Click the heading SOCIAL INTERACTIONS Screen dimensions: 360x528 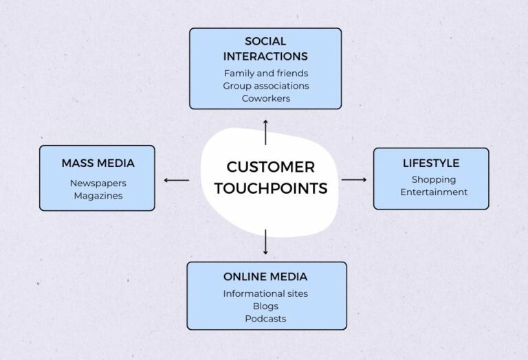click(265, 49)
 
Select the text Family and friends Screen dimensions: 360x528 click(265, 73)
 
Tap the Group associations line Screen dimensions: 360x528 click(265, 86)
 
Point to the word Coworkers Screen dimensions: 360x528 click(265, 98)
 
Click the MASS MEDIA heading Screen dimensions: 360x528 click(98, 164)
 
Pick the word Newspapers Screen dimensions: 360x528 click(98, 183)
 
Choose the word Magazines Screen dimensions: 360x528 click(98, 196)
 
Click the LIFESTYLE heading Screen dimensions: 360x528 click(431, 164)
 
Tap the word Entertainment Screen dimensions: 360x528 click(433, 192)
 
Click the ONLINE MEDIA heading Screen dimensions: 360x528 click(265, 277)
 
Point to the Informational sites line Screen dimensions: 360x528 click(265, 294)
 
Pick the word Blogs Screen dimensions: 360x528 click(265, 306)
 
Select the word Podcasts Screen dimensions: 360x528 click(265, 319)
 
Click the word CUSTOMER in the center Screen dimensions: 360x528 click(270, 167)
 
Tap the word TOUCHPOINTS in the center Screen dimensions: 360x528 click(270, 188)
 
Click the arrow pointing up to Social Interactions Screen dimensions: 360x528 click(265, 131)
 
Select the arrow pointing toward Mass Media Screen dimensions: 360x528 click(176, 181)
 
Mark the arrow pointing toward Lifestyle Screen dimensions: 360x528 click(354, 180)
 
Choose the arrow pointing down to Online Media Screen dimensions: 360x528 click(265, 243)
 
